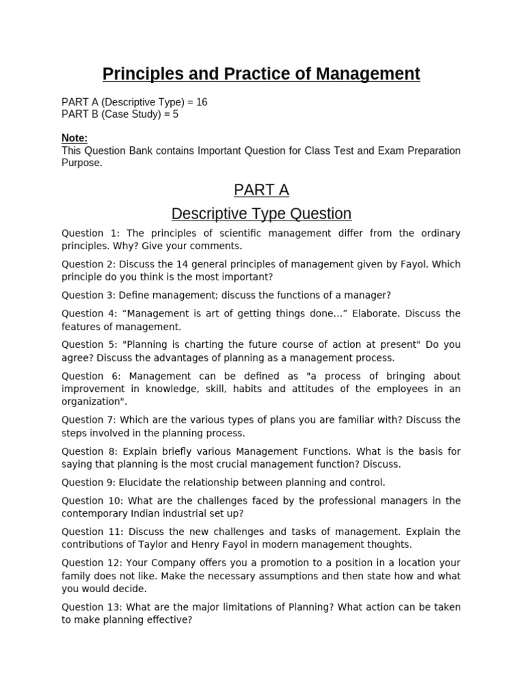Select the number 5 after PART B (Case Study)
tap(175, 114)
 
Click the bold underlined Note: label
tap(74, 138)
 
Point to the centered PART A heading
tap(261, 189)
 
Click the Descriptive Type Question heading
tap(261, 214)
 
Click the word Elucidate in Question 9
tap(145, 483)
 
